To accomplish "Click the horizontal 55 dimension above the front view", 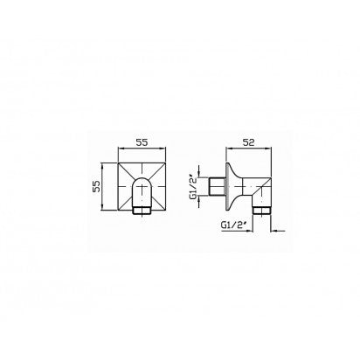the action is pyautogui.click(x=142, y=142).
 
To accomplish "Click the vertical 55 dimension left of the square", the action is pyautogui.click(x=97, y=186).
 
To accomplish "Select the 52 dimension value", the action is pyautogui.click(x=248, y=142).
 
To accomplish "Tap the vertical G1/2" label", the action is pyautogui.click(x=193, y=186).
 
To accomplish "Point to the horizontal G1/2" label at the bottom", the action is pyautogui.click(x=233, y=225).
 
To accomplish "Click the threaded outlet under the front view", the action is pyautogui.click(x=142, y=211).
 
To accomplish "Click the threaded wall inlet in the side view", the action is pyautogui.click(x=218, y=186).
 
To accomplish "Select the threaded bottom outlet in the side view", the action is pyautogui.click(x=262, y=211).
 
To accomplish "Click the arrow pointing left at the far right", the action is pyautogui.click(x=278, y=232).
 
